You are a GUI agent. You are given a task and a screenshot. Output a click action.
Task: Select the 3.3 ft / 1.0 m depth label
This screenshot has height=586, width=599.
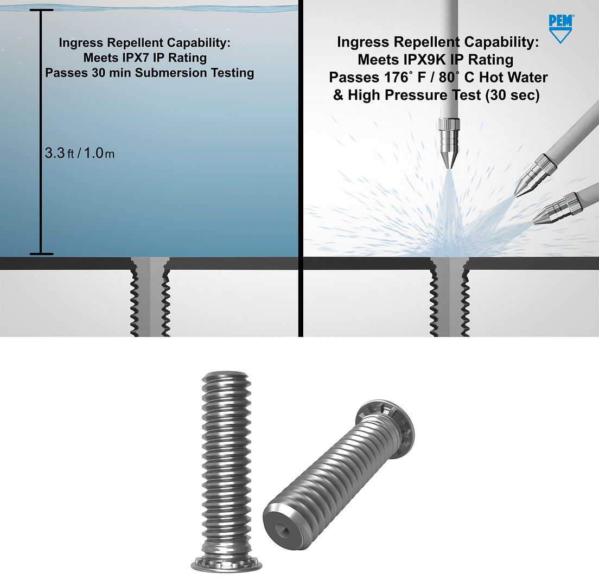[x=79, y=154]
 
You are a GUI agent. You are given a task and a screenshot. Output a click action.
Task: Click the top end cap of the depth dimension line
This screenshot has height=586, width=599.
[x=41, y=10]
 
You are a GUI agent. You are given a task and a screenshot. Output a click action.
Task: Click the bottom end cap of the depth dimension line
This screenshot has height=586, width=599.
[x=41, y=253]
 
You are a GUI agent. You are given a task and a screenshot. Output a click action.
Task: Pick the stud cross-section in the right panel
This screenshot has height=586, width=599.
[x=450, y=296]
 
